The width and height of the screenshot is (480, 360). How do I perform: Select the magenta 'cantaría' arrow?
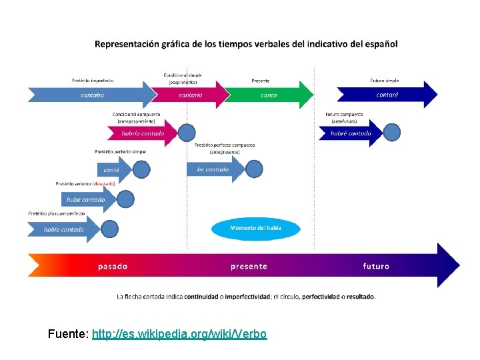tap(191, 95)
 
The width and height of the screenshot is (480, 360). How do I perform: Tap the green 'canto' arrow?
tap(268, 95)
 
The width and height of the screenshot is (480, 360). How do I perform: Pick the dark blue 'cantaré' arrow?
tap(387, 95)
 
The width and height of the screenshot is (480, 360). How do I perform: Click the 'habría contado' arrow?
tap(143, 133)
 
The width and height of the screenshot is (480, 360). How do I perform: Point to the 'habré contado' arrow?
tap(351, 133)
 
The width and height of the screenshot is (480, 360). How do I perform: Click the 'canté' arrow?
tap(112, 169)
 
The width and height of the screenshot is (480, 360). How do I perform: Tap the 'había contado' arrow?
tap(63, 229)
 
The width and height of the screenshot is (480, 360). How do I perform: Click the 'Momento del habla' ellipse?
tap(256, 229)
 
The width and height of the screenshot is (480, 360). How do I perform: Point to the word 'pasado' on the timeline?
tap(113, 267)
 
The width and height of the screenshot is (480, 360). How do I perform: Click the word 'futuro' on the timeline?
tap(376, 267)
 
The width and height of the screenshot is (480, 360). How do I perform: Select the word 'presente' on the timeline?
tap(249, 267)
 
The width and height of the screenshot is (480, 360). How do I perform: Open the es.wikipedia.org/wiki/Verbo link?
tap(179, 333)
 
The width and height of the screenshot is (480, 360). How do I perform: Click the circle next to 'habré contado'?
tap(392, 132)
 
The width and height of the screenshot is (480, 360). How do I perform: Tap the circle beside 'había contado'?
tap(110, 229)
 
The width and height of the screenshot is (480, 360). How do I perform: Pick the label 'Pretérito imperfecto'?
tap(93, 81)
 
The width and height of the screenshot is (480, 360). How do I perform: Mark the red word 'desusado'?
tap(104, 183)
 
